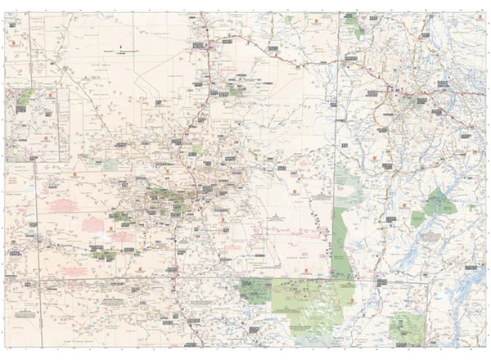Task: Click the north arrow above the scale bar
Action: [121, 45]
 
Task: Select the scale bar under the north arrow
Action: [124, 52]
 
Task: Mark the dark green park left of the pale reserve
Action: [255, 287]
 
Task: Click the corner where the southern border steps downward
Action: [237, 277]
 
